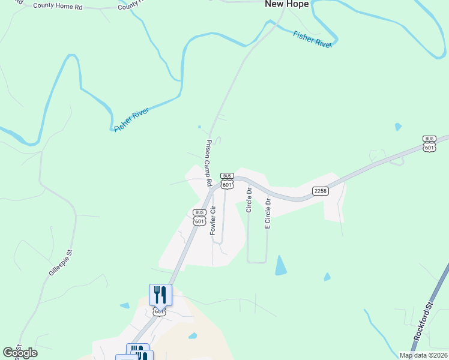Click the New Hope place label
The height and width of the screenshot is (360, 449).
click(287, 4)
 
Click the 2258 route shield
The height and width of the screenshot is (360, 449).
click(320, 191)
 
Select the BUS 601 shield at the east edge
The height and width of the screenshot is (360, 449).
click(429, 143)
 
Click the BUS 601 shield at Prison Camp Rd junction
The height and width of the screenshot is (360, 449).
click(227, 181)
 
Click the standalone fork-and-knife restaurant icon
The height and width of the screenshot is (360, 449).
click(160, 294)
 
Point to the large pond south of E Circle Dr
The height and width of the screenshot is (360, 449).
click(280, 266)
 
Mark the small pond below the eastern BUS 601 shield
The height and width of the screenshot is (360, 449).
click(397, 127)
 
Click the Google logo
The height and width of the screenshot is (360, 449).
click(20, 353)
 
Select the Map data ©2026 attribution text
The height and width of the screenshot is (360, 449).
click(423, 355)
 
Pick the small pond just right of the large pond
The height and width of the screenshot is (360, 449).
click(327, 277)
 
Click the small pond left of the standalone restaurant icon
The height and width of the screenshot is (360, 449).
click(124, 305)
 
